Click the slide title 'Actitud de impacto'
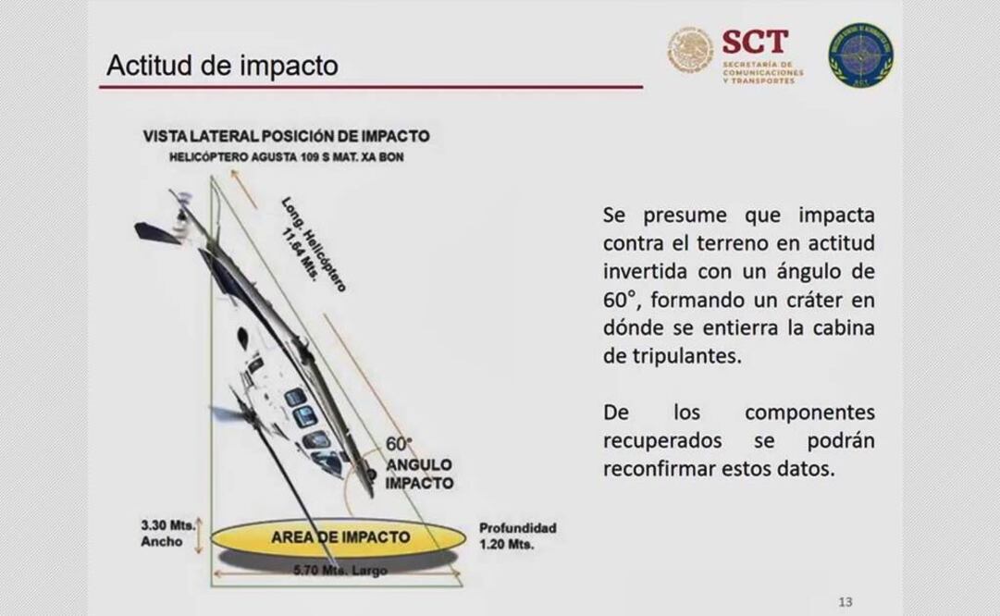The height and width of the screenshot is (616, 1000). point(222,66)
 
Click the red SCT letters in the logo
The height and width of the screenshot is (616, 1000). point(755,42)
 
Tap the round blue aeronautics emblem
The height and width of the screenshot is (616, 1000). point(860,55)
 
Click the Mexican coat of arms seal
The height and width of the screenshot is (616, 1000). point(691,50)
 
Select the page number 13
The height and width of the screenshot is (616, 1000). point(845,602)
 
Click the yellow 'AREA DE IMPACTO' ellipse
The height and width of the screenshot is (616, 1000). point(339,537)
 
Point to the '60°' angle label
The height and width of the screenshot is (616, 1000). point(400,444)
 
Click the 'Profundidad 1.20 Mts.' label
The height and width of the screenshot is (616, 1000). point(517,536)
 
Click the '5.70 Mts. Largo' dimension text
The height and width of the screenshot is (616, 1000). point(340,571)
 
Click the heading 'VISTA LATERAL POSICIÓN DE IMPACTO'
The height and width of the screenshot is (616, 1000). point(286,136)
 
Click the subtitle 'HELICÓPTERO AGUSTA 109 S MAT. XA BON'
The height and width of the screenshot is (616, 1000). point(286,157)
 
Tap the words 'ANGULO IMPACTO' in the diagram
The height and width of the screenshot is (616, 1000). point(419,474)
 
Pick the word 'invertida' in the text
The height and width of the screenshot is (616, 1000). point(645,273)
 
